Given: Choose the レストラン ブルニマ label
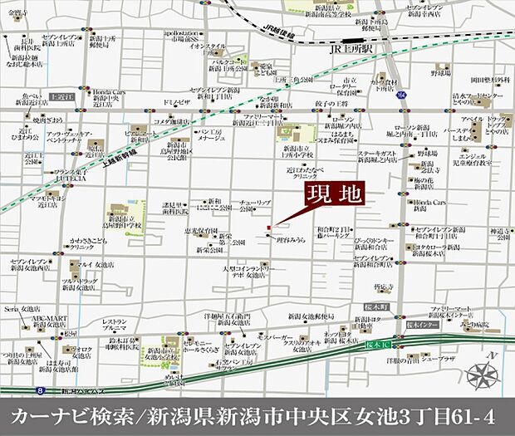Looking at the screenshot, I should (x=114, y=325).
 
